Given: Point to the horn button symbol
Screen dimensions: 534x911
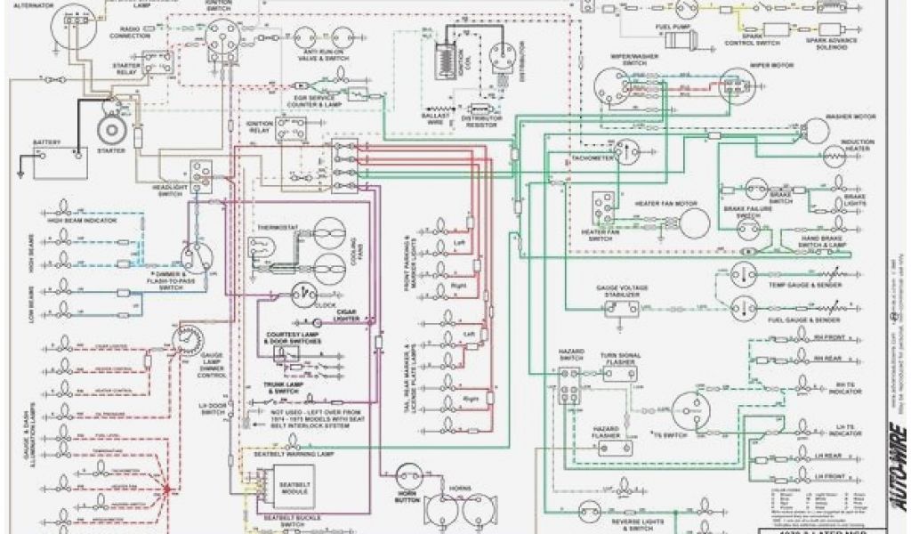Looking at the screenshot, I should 409,477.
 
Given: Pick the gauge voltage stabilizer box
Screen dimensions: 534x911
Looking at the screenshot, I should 621,308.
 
